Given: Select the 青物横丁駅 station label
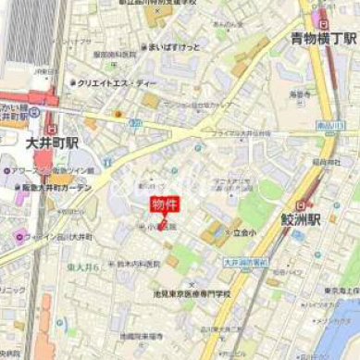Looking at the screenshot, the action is click(x=323, y=39).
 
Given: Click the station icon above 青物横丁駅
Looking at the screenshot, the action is click(x=322, y=20).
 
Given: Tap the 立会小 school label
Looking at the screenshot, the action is click(x=243, y=232).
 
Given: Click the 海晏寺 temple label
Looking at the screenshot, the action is click(x=298, y=93).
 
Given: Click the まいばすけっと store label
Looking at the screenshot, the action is click(x=176, y=43).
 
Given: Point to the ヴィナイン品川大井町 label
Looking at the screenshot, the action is click(x=61, y=233).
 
